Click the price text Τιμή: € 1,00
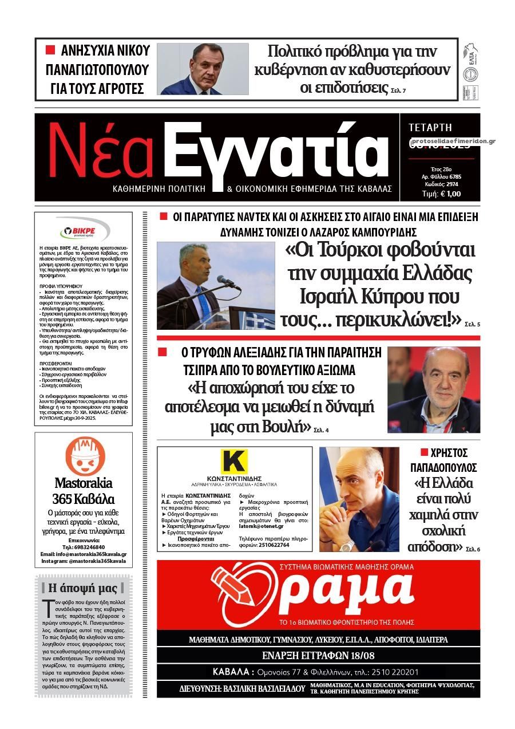click(441, 194)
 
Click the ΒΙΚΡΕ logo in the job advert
click(84, 233)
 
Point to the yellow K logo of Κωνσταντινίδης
click(234, 462)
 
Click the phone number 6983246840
click(90, 547)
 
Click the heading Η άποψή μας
click(84, 588)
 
